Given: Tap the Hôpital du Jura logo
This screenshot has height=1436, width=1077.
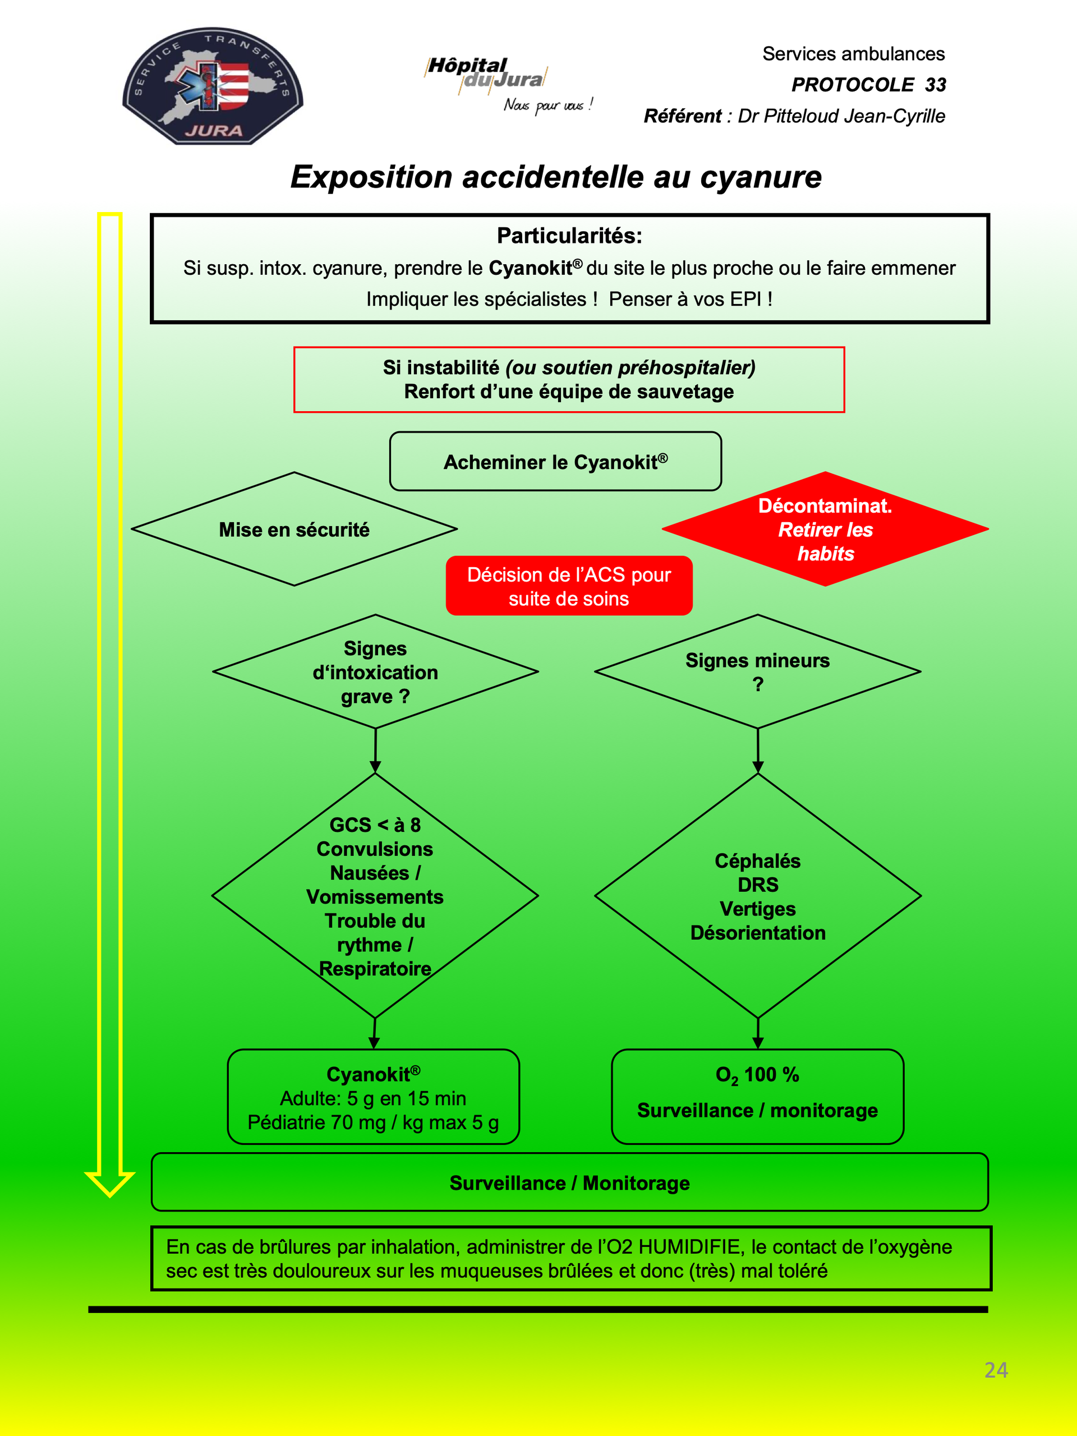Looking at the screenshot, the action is click(508, 84).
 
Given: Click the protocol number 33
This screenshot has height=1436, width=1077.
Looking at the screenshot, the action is click(936, 84).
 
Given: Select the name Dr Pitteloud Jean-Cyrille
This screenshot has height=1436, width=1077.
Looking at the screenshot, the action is click(841, 116).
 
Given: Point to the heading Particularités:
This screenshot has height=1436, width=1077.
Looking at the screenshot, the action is click(569, 236).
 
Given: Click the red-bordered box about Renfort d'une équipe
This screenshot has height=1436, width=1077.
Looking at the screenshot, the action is click(569, 380).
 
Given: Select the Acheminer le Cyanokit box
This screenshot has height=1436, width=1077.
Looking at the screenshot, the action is click(555, 462).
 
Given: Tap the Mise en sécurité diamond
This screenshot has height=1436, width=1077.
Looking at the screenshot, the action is click(294, 529).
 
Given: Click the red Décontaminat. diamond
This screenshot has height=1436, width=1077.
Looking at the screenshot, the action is click(825, 529).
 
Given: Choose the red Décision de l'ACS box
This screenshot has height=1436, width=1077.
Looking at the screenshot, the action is click(569, 586).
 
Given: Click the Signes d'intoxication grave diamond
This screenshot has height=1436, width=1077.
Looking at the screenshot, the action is click(375, 672).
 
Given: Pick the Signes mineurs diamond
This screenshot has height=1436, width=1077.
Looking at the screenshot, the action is click(758, 672).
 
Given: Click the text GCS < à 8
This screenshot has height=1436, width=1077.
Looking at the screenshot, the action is click(375, 825).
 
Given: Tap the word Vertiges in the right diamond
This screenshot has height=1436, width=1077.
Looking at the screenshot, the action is click(758, 909).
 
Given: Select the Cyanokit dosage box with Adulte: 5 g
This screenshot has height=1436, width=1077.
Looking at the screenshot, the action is click(373, 1097).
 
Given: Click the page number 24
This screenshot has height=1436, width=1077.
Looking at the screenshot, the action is click(996, 1370).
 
